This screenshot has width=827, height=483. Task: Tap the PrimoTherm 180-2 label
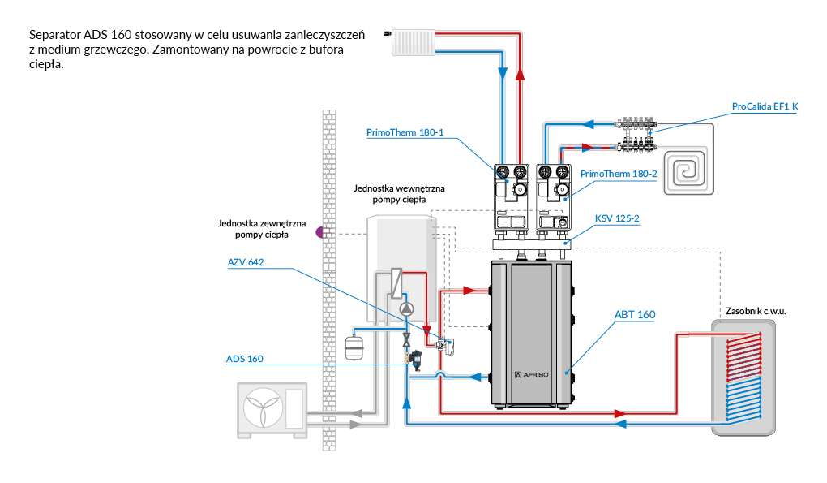click(619, 174)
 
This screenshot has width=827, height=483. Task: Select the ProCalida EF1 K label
click(765, 106)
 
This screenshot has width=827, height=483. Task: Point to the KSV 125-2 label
click(617, 219)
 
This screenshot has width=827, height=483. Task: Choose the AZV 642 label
click(246, 262)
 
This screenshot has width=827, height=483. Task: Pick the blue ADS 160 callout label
click(244, 359)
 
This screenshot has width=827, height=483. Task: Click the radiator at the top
click(414, 43)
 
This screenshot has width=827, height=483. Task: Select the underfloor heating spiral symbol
click(688, 170)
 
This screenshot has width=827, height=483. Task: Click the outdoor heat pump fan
click(264, 409)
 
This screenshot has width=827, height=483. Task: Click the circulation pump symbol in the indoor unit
click(406, 309)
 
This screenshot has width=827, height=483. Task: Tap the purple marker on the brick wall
click(320, 232)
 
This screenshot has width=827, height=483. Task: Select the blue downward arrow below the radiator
click(503, 74)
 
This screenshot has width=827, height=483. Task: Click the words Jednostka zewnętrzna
click(261, 223)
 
